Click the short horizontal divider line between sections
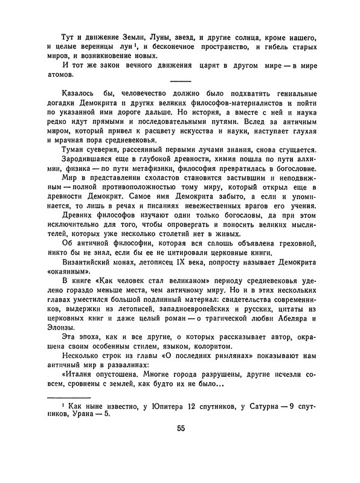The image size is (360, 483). click(181, 82)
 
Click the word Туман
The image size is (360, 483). click(75, 149)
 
